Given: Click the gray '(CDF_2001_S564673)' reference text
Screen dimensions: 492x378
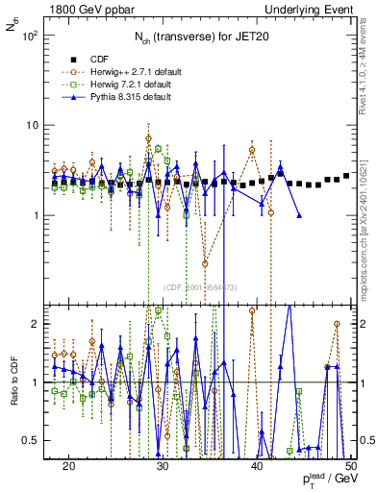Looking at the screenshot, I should point(201,287).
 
